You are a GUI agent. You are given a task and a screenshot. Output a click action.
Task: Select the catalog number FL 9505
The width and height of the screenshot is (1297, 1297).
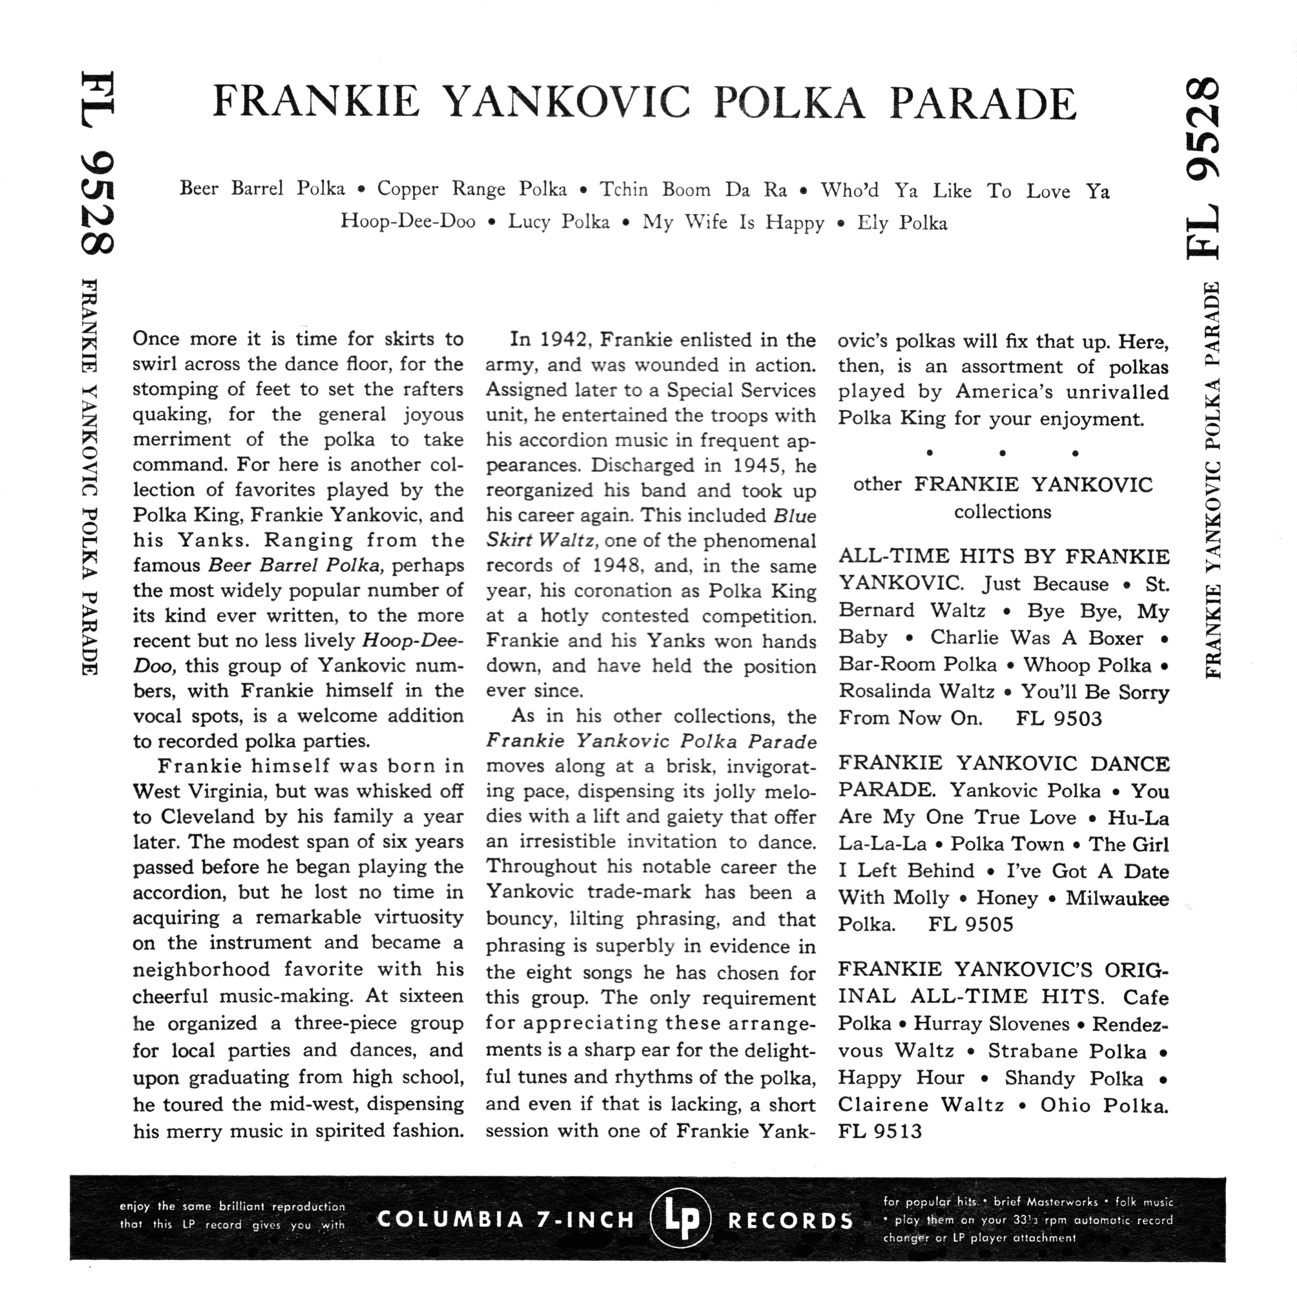coord(970,924)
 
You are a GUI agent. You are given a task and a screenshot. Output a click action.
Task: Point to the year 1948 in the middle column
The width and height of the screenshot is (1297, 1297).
coord(617,565)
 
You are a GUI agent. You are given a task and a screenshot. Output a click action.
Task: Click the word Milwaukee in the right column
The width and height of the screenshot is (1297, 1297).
coord(1117,898)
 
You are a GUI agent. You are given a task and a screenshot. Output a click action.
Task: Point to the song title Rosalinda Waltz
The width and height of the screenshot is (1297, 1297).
coord(917,691)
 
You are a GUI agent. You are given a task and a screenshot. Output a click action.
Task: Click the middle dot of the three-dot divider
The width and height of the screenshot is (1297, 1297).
coord(1002,453)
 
